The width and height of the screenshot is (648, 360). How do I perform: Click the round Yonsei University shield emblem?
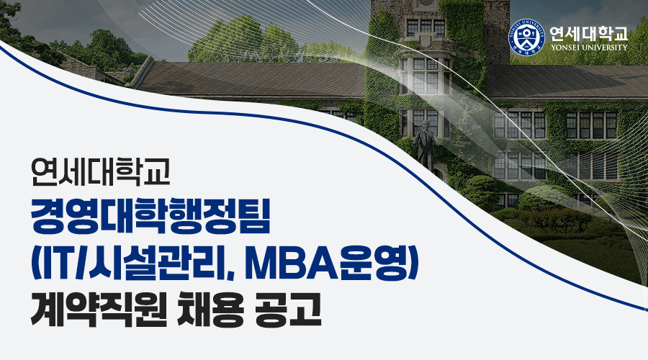[x=526, y=37]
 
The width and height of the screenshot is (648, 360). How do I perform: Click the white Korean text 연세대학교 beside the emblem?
[x=588, y=32]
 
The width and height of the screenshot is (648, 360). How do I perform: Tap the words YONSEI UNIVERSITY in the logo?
[x=588, y=47]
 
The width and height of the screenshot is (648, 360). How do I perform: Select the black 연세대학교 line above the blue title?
[x=100, y=172]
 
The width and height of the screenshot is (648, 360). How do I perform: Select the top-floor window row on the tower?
[x=426, y=27]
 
